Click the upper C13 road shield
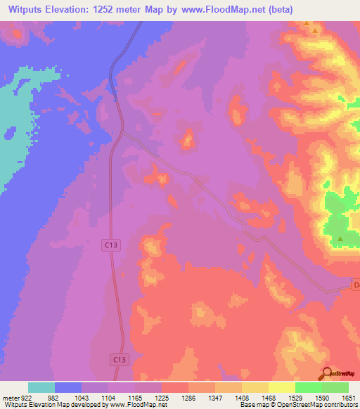[x=109, y=245]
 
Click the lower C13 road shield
[x=120, y=359]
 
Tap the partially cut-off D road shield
[x=355, y=285]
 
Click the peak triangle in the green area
[x=340, y=239]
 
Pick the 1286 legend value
[x=188, y=398]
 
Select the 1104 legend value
[x=109, y=398]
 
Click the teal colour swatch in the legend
[x=41, y=387]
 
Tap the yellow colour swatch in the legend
[x=282, y=387]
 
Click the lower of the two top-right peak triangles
[x=315, y=32]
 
